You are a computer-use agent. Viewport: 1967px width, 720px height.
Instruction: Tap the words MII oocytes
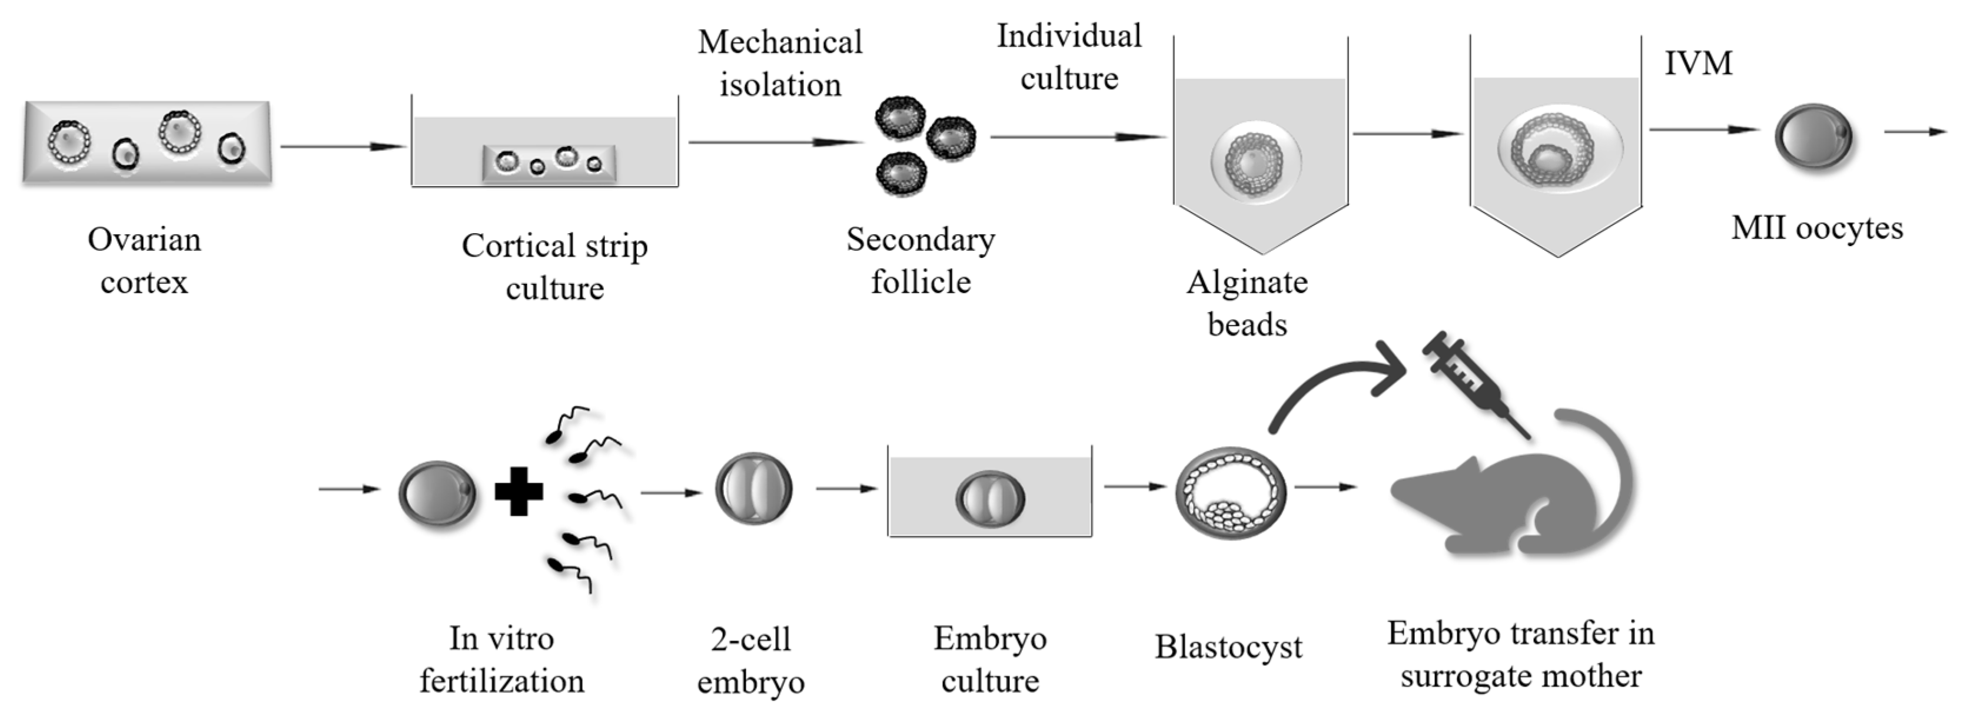click(1816, 227)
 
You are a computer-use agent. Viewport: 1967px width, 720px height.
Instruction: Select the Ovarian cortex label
click(144, 260)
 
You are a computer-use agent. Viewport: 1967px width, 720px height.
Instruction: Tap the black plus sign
click(519, 491)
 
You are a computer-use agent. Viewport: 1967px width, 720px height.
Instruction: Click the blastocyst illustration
click(1230, 493)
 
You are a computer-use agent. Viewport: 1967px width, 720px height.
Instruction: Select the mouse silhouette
click(1497, 496)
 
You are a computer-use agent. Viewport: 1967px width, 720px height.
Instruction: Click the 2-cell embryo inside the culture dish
click(989, 499)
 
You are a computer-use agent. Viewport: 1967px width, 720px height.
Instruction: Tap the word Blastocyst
click(1228, 646)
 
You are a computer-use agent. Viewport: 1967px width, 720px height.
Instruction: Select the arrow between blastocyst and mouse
click(1325, 486)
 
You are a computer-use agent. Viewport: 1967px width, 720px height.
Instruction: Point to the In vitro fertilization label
click(501, 659)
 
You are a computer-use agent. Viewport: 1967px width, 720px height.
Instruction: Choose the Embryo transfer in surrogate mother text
click(1520, 654)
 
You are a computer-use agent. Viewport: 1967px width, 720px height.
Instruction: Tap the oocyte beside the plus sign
click(437, 493)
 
